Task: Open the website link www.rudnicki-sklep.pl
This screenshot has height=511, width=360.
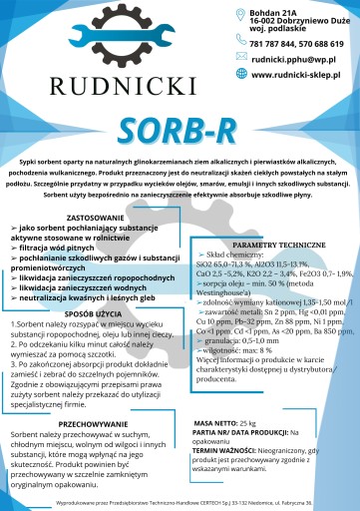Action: (297, 74)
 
